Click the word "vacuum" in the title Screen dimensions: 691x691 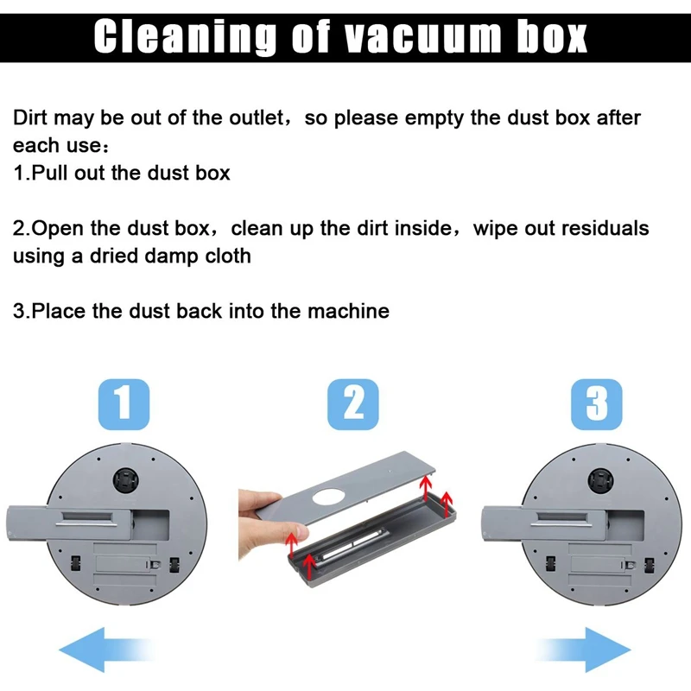point(422,37)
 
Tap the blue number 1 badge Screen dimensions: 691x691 point(124,404)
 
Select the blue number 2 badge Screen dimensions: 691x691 point(353,404)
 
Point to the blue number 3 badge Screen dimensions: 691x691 point(597,404)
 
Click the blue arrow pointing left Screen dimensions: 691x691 point(105,650)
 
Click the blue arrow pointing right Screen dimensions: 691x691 point(584,650)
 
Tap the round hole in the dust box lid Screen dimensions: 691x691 point(328,497)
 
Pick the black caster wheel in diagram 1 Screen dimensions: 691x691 point(126,479)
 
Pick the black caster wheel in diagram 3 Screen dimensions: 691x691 point(600,479)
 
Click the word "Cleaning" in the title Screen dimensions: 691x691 point(185,37)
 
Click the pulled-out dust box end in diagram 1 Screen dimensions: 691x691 point(28,524)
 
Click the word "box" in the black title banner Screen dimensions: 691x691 point(552,37)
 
